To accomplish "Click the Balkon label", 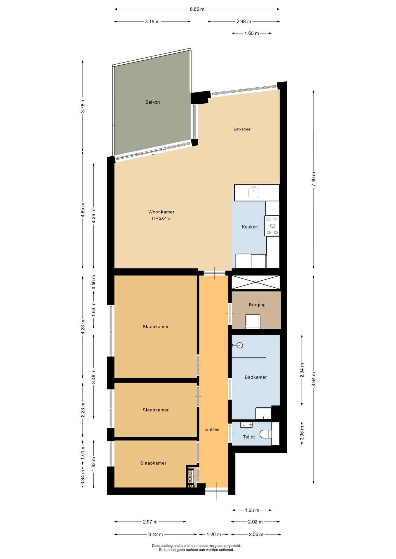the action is (x=153, y=102).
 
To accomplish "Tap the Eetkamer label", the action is (x=242, y=129).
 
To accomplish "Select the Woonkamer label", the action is (x=161, y=212).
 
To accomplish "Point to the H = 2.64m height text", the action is (x=161, y=218).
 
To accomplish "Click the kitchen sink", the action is (x=254, y=192).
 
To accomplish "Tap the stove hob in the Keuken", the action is (x=272, y=226).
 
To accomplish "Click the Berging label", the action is (x=257, y=305).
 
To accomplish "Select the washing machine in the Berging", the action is (x=253, y=321).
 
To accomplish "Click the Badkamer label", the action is (x=256, y=377).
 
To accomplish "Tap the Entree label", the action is (x=212, y=429).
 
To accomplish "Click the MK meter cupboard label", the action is (x=192, y=486).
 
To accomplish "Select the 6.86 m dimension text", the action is (x=197, y=9).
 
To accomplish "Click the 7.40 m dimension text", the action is (x=313, y=179).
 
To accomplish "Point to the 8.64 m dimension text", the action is (x=313, y=379).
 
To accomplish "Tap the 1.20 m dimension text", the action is (x=214, y=534).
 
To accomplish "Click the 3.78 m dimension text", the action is (x=83, y=106).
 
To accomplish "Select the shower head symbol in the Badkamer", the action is (x=237, y=346).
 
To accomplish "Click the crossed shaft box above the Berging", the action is (x=255, y=282).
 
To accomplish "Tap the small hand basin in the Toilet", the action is (x=246, y=425).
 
